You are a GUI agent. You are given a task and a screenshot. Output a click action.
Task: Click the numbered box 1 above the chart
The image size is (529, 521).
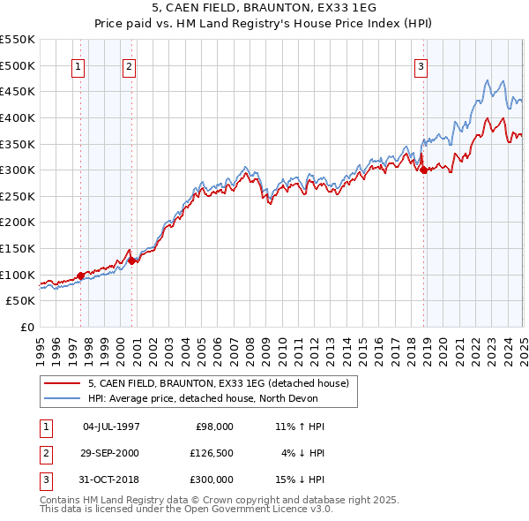coord(78,65)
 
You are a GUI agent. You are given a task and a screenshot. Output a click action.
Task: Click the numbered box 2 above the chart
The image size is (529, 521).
coord(129,65)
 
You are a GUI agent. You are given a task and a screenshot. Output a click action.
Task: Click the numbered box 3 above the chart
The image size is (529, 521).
coord(421,65)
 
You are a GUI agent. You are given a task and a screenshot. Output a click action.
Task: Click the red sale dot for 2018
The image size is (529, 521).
coord(423,170)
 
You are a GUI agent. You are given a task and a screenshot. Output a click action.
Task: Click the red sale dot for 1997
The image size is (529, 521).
coord(80,276)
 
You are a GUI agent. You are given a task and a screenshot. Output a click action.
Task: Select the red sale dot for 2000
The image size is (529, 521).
coord(132,260)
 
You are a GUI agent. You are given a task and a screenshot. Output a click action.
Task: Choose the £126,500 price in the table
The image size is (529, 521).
coord(212,453)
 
